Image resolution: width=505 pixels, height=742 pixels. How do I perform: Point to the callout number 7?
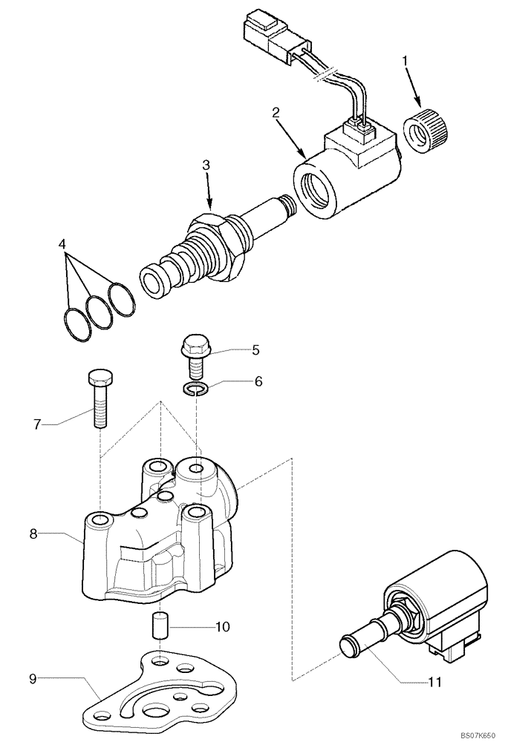(x=38, y=424)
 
